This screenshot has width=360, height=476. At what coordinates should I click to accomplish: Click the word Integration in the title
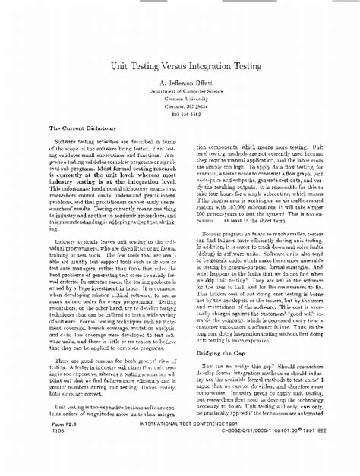point(215,68)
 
